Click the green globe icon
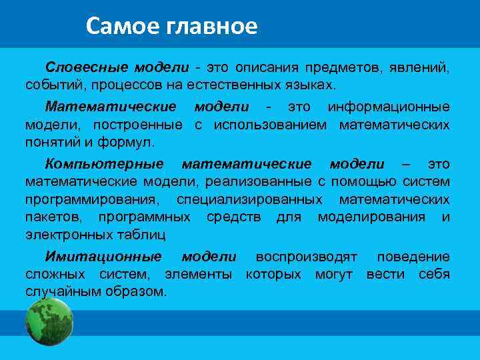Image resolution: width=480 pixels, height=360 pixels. [49, 321]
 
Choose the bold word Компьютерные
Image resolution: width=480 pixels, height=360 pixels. [104, 164]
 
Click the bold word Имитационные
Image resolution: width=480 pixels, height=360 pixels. [103, 257]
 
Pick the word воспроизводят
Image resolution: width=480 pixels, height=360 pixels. [306, 257]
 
